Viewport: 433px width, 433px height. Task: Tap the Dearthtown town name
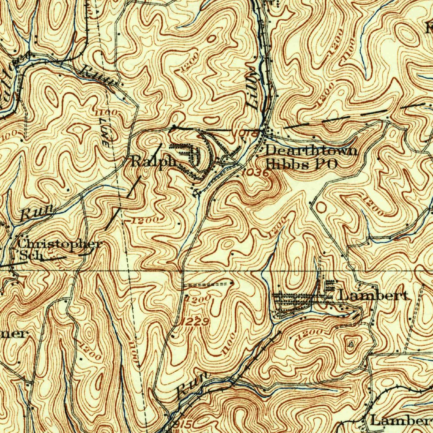pyautogui.click(x=311, y=151)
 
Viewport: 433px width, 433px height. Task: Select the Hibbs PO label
pyautogui.click(x=301, y=164)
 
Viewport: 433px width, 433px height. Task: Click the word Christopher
pyautogui.click(x=60, y=244)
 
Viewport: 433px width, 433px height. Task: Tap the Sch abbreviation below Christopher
pyautogui.click(x=29, y=255)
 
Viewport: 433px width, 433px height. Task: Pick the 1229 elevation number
pyautogui.click(x=195, y=322)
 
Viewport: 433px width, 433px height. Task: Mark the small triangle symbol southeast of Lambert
pyautogui.click(x=351, y=344)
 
